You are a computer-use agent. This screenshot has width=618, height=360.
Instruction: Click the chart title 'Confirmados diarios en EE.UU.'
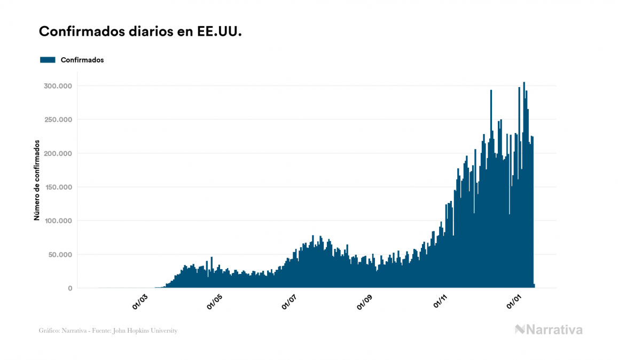140,32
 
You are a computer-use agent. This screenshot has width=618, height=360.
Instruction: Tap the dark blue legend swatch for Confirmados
48,60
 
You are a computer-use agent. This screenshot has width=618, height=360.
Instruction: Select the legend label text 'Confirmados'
82,60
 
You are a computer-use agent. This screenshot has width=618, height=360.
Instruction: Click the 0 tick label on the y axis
69,288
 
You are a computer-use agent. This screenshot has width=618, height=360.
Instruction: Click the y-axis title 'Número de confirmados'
37,181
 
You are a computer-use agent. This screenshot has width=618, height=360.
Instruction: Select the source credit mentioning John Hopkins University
108,331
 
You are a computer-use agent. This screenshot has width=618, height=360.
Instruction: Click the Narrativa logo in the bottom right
549,330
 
